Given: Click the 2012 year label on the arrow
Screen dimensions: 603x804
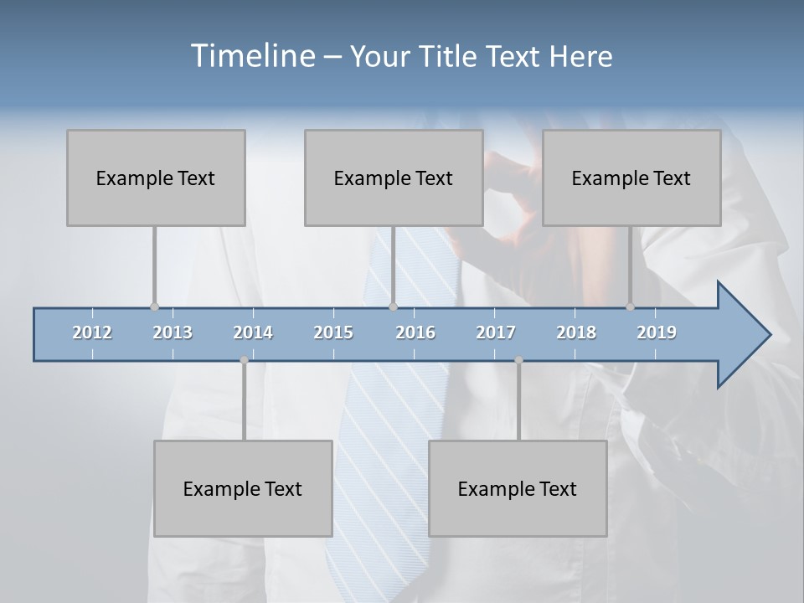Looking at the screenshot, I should tap(92, 333).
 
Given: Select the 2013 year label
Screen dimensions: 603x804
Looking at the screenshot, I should tap(173, 333).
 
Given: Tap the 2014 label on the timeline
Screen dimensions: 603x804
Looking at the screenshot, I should tap(253, 333).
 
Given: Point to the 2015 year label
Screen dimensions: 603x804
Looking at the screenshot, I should tap(333, 333).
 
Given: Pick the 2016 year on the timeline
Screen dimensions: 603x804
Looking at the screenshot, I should tap(415, 333).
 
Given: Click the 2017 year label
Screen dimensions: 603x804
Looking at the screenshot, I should tap(496, 333).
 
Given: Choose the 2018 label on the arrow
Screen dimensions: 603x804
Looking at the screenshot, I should tap(576, 333).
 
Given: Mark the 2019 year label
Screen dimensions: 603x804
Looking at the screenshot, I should tap(657, 333).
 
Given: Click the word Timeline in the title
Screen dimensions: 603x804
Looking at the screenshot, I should tap(251, 56).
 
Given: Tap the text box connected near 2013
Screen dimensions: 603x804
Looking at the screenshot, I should tap(156, 178).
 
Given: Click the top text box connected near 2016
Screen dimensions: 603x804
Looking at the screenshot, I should tap(394, 178).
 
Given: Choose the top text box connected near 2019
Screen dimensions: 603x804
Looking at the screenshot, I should tap(631, 178).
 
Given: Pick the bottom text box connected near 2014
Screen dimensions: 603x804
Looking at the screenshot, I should tap(243, 488).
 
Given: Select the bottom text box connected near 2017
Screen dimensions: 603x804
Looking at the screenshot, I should tap(518, 488).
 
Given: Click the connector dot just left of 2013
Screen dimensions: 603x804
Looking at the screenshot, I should tap(154, 307).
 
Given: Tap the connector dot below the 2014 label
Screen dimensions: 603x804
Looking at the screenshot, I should tap(244, 360).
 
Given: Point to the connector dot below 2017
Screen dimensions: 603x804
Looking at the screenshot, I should tap(518, 360).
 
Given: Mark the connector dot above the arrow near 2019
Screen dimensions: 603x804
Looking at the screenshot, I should tap(631, 307).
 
